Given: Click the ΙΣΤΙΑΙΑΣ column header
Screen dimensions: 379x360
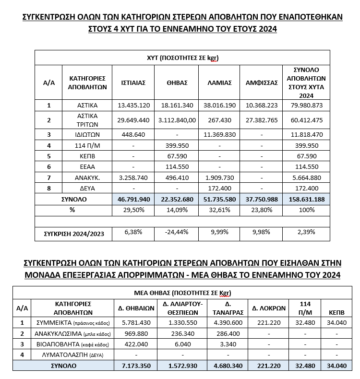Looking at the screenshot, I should tap(133, 83).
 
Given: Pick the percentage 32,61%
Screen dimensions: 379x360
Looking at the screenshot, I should tap(219, 210).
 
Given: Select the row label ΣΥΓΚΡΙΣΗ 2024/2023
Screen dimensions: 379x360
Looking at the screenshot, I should tap(73, 233).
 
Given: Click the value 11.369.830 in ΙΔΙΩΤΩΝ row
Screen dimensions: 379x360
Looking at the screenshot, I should tap(219, 135).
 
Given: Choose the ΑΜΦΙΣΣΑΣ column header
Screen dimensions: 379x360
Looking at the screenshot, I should tap(262, 83).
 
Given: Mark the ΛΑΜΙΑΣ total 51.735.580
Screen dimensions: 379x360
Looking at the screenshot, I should tap(219, 199).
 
